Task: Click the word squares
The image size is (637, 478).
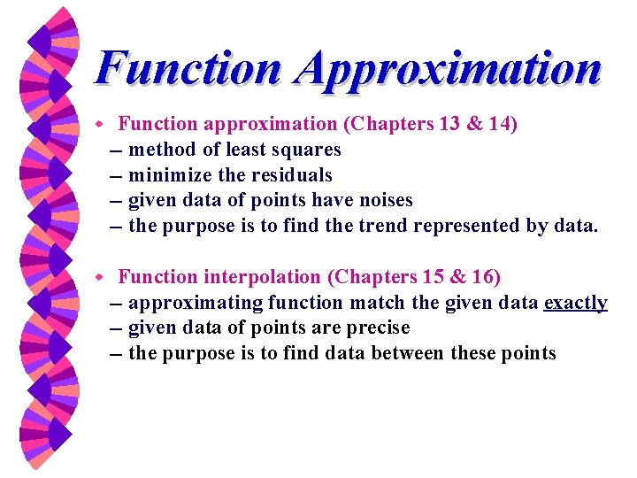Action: pyautogui.click(x=307, y=150)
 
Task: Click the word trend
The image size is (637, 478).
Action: pyautogui.click(x=384, y=227)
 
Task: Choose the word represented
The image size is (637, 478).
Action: pyautogui.click(x=470, y=227)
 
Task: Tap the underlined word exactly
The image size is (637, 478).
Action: pyautogui.click(x=575, y=303)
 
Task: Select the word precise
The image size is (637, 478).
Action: pyautogui.click(x=378, y=328)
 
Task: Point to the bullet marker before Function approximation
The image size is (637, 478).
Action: pyautogui.click(x=102, y=124)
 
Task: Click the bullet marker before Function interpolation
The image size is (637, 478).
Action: pyautogui.click(x=102, y=277)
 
